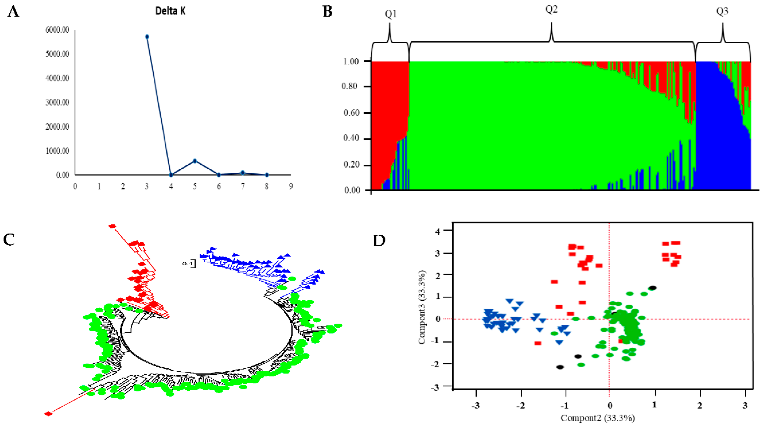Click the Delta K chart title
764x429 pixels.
(x=170, y=11)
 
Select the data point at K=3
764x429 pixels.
(x=147, y=37)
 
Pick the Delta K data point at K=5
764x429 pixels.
(x=195, y=161)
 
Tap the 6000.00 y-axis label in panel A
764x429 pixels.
(x=57, y=30)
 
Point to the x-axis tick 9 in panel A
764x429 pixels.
(x=291, y=186)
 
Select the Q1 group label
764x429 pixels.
(x=390, y=14)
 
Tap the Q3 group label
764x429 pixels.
(x=722, y=11)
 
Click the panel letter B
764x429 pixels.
(x=327, y=12)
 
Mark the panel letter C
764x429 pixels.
(x=9, y=240)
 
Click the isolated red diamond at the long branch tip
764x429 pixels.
(x=48, y=414)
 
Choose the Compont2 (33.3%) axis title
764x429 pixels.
(x=598, y=418)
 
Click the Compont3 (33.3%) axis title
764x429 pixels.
(x=422, y=307)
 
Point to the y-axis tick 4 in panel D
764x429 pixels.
(x=438, y=231)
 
